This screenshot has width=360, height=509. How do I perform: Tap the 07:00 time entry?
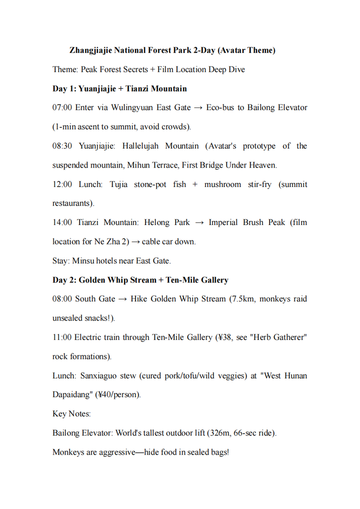click(62, 107)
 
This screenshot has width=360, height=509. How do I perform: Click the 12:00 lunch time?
click(62, 184)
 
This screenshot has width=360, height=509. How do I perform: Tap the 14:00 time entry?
click(62, 222)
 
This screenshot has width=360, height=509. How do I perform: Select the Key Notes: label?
click(71, 414)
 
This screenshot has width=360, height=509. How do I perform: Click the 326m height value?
click(220, 433)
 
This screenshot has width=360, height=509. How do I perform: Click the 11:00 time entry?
click(62, 337)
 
